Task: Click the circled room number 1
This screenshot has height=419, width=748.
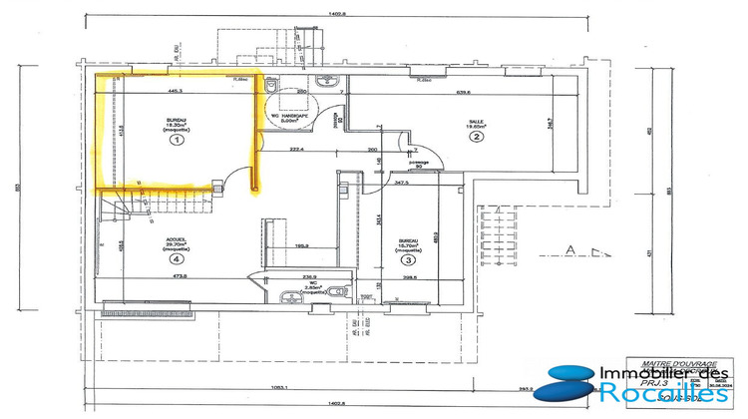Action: coord(178,141)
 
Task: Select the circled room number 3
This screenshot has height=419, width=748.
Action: coord(409,259)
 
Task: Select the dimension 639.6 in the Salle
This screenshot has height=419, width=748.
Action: coord(462,92)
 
